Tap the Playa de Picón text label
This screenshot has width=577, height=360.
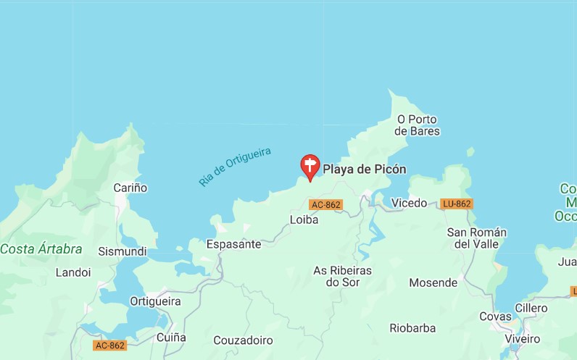click(364, 169)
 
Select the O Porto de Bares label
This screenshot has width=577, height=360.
click(418, 125)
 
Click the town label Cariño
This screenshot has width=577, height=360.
click(130, 188)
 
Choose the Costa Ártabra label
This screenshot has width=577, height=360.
click(41, 249)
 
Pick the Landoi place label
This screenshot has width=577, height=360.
click(73, 272)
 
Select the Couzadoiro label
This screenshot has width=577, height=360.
click(243, 340)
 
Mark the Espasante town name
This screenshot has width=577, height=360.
click(233, 244)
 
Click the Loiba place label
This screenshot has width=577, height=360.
click(304, 219)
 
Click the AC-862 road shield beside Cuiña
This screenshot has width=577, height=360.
click(109, 346)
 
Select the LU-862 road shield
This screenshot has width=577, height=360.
click(457, 204)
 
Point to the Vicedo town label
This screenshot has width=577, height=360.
click(409, 203)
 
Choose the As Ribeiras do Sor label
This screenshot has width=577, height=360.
click(342, 276)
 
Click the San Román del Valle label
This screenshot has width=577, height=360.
click(476, 238)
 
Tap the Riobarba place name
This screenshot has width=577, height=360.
click(412, 328)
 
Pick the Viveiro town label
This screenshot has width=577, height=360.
click(522, 338)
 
